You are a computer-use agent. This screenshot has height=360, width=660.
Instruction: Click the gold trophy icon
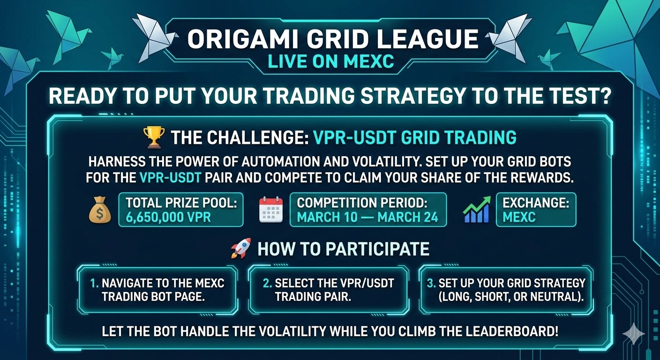(153, 137)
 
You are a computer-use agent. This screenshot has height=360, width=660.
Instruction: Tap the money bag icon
(100, 210)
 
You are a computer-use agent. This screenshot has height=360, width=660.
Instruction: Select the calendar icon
(271, 210)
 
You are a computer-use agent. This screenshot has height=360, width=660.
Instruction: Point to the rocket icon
(241, 248)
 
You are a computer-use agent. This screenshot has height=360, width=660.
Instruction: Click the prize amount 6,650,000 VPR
(168, 217)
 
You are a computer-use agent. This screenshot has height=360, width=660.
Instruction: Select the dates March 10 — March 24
(367, 217)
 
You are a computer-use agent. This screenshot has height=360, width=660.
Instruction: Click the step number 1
(94, 284)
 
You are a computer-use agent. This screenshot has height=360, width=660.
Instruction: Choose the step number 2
(267, 284)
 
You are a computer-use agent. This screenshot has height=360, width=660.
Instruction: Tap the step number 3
(431, 284)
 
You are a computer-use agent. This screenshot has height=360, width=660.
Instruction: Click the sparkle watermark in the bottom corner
(633, 333)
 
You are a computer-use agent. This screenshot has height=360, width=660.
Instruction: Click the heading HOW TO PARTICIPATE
(343, 249)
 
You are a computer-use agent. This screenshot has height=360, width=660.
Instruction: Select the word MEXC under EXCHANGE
(519, 217)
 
